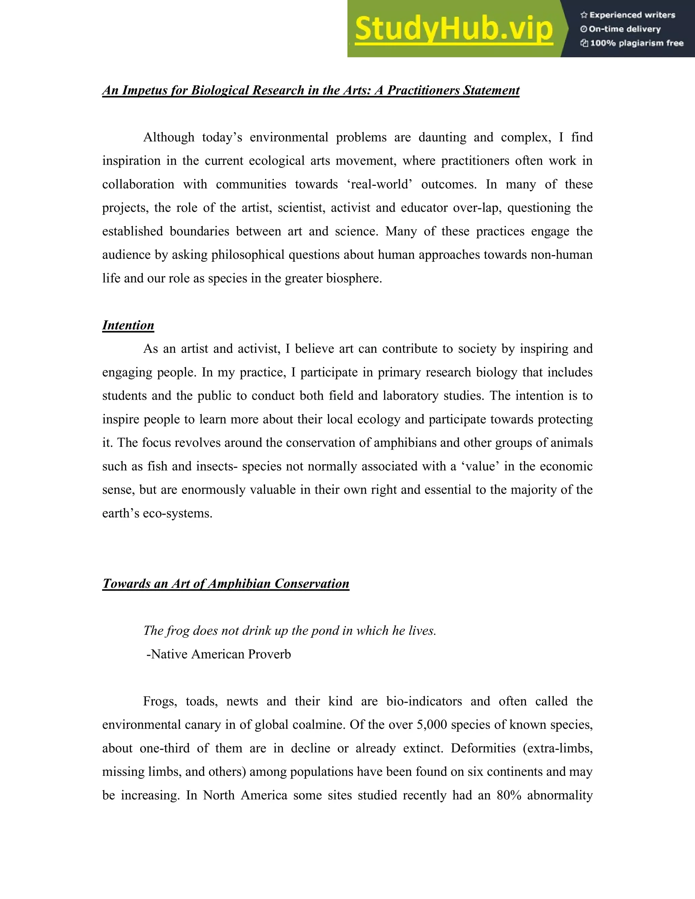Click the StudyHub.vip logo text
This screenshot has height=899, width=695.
453,29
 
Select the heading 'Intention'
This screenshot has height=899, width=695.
128,325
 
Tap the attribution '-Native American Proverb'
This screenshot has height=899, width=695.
219,654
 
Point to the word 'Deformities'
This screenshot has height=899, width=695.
483,748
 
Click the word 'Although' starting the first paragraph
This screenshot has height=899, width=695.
168,137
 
